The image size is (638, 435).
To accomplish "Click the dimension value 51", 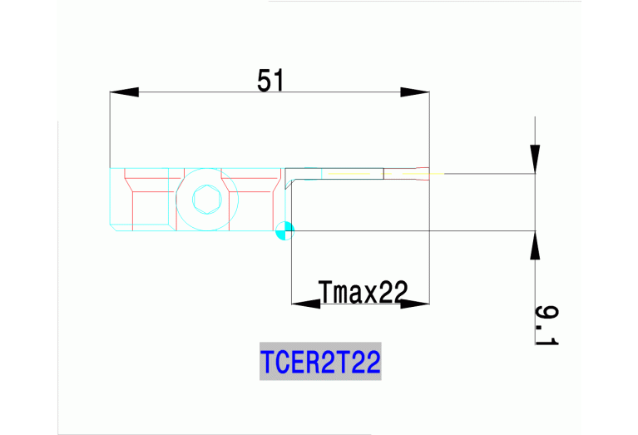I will pos(271,80).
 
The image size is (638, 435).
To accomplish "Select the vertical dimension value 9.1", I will pos(546,325).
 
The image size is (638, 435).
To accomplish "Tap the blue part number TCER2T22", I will pos(320,363).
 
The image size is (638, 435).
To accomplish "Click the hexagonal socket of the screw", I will pos(204,200).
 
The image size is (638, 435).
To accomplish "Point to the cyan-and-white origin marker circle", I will pos(284,230).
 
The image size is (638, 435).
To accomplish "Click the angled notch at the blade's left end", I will pos(288,179).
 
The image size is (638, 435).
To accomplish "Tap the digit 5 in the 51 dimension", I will pos(265,80).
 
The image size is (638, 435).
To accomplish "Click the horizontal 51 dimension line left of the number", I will pos(191,91).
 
